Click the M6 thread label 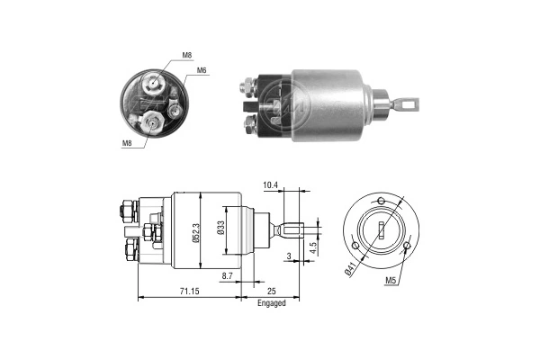point(202,69)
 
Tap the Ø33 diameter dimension point(221,230)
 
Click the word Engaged point(270,303)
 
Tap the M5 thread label point(391,281)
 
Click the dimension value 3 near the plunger point(287,257)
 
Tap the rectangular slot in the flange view point(381,229)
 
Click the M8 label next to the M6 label point(186,56)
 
